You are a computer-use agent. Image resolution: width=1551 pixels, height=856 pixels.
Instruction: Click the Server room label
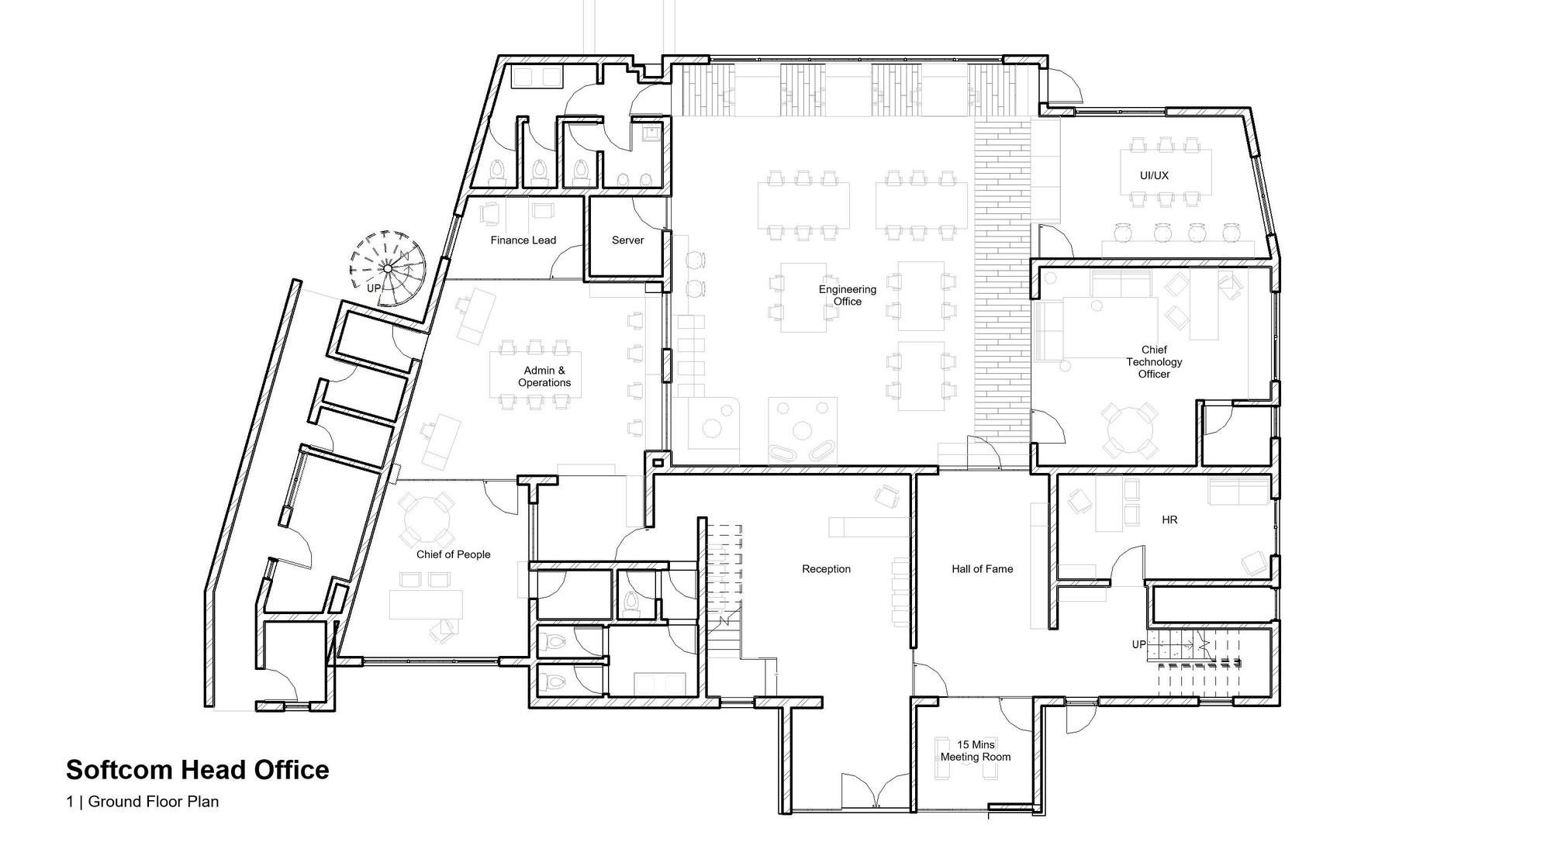point(627,240)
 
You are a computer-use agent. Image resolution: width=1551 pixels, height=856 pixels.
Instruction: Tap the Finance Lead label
point(523,240)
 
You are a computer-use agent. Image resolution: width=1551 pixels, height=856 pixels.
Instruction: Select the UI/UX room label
point(1154,176)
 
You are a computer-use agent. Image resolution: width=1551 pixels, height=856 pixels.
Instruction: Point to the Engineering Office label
point(847,295)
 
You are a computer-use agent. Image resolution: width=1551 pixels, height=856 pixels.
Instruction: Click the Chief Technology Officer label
point(1154,362)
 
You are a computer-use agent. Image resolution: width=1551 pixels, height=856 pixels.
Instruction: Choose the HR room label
point(1169,520)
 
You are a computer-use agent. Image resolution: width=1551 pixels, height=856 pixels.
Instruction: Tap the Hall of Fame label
point(982,569)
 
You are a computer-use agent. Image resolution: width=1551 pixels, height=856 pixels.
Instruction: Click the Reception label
point(826,569)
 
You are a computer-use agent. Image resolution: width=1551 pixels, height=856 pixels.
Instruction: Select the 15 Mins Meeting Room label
point(976,751)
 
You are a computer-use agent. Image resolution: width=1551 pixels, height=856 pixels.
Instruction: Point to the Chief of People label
point(453,554)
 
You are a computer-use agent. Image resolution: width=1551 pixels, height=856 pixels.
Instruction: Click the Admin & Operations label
point(544,377)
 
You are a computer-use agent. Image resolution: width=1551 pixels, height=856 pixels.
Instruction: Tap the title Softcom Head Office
point(198,770)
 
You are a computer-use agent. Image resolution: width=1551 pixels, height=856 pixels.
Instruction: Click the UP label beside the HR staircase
point(1138,644)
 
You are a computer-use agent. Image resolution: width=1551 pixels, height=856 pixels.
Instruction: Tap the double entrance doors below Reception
point(876,793)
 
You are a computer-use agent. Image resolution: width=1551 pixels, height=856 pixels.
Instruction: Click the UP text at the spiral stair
point(374,288)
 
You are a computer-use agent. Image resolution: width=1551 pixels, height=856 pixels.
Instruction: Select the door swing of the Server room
point(648,213)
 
